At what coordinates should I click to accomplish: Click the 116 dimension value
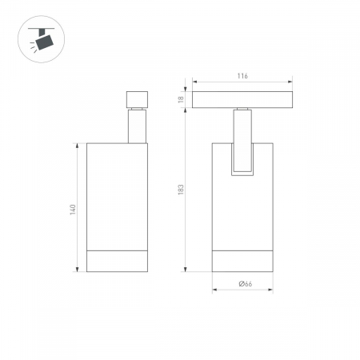click(x=242, y=76)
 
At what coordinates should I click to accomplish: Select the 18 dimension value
click(x=181, y=99)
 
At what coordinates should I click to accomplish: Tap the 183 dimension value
click(x=181, y=190)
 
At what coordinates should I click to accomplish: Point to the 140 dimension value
click(x=73, y=210)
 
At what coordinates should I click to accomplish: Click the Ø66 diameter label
click(x=246, y=284)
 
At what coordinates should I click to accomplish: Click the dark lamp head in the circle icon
click(x=45, y=42)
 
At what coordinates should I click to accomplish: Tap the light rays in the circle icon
click(x=33, y=46)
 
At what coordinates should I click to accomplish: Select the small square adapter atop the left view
click(x=137, y=99)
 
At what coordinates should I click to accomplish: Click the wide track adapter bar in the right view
click(x=242, y=100)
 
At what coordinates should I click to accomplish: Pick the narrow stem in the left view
click(x=137, y=126)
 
